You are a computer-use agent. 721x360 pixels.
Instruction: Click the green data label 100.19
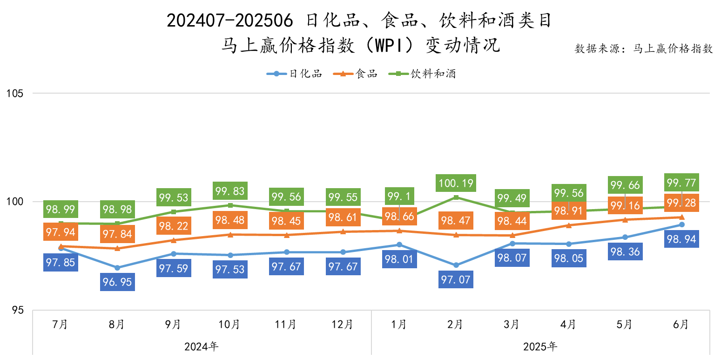[x=456, y=183]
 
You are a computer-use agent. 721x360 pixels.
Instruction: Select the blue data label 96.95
[x=117, y=282]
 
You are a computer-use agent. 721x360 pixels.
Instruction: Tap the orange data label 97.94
[x=61, y=231]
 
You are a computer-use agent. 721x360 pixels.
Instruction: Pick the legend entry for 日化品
[x=294, y=74]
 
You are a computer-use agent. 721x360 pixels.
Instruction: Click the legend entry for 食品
[x=357, y=74]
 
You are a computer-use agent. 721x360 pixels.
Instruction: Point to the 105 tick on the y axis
[x=15, y=93]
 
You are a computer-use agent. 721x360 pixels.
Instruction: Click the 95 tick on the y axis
[x=18, y=310]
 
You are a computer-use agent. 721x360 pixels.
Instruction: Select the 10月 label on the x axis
[x=229, y=324]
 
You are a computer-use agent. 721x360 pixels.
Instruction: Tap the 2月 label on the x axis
[x=455, y=324]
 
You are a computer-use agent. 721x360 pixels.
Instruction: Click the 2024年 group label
[x=202, y=346]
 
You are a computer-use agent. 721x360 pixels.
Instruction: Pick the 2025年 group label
[x=540, y=346]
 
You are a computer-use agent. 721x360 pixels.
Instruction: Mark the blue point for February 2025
[x=456, y=265]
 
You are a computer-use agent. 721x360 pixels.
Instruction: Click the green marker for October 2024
[x=230, y=205]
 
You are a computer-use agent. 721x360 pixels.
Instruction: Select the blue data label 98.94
[x=681, y=239]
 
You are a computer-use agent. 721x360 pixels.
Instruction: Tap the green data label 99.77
[x=681, y=182]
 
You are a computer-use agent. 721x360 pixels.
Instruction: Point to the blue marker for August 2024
[x=117, y=268]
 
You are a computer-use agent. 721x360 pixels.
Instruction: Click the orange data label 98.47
[x=456, y=220]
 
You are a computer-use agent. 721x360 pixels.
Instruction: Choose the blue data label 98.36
[x=625, y=252]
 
